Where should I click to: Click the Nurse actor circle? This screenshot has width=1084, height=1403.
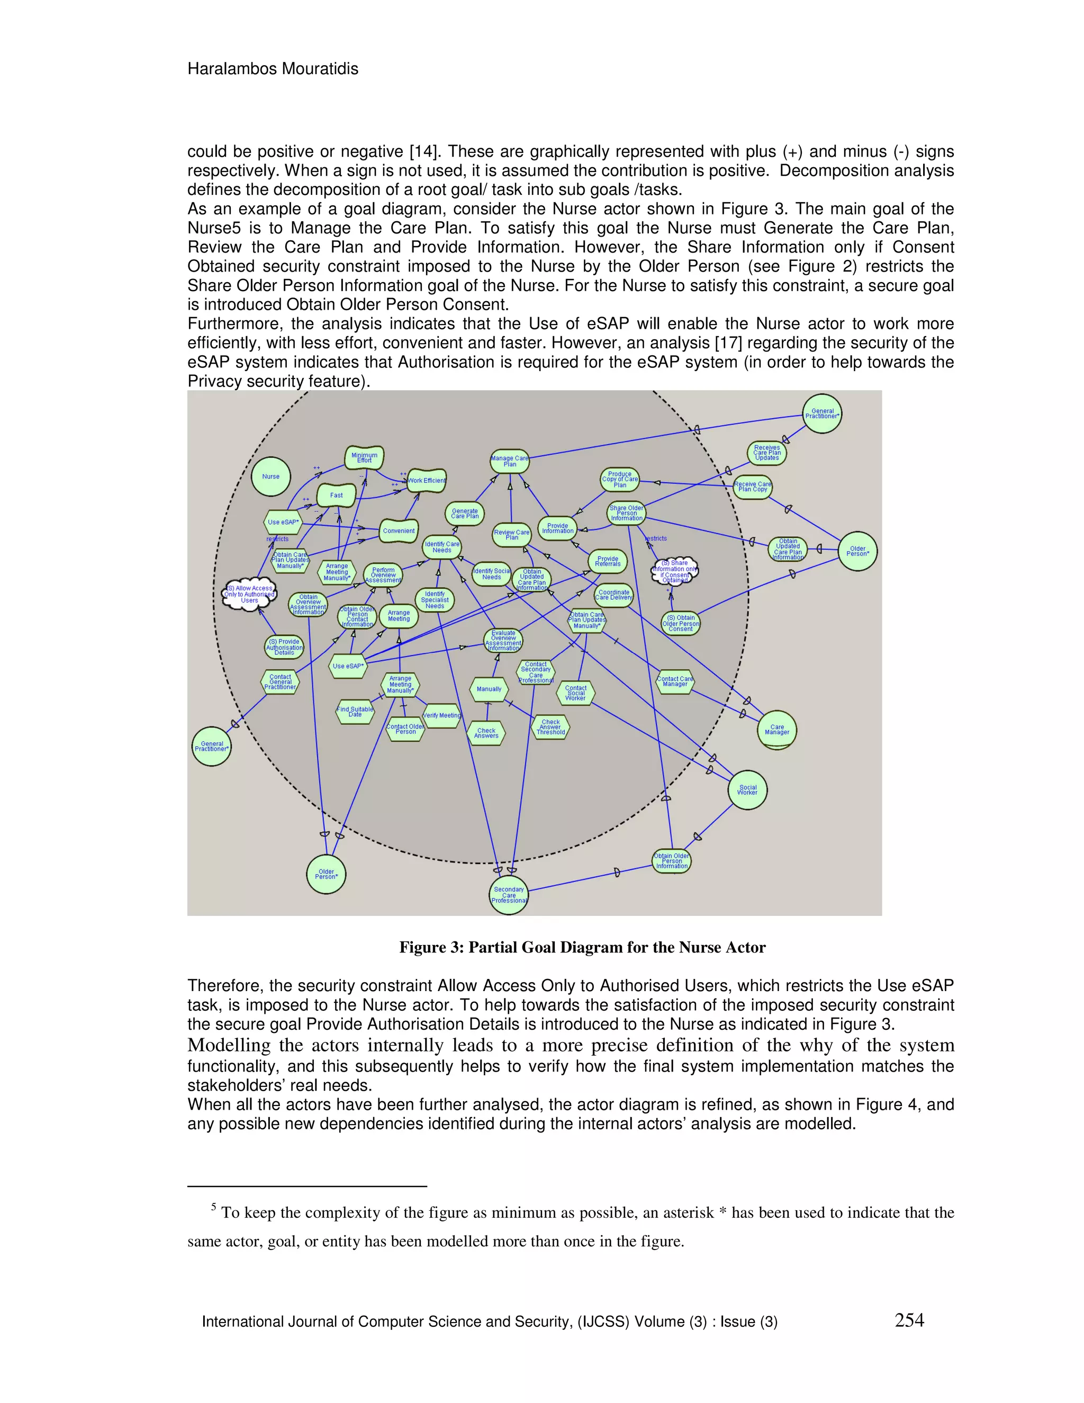tap(270, 476)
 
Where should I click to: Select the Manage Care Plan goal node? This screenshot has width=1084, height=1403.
tap(510, 461)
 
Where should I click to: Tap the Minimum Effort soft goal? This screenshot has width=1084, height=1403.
tap(364, 457)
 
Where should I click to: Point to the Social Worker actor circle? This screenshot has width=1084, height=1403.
tap(747, 789)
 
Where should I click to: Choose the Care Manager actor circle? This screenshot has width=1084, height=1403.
tap(777, 730)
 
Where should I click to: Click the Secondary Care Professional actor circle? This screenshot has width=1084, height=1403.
tap(509, 895)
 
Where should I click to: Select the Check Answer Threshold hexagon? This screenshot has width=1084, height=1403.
tap(551, 727)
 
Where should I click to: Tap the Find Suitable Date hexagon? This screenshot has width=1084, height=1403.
tap(355, 712)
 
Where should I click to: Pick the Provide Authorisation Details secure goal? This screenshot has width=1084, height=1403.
tap(284, 647)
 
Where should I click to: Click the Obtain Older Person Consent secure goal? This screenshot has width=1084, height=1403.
tap(681, 623)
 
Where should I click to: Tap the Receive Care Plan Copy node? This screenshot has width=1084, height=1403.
tap(753, 487)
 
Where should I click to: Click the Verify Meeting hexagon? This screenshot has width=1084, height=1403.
tap(442, 715)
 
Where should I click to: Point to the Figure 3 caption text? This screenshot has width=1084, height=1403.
tap(582, 948)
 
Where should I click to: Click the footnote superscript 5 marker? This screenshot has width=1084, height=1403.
tap(213, 1207)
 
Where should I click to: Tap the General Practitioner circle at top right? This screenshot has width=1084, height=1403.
tap(822, 413)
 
